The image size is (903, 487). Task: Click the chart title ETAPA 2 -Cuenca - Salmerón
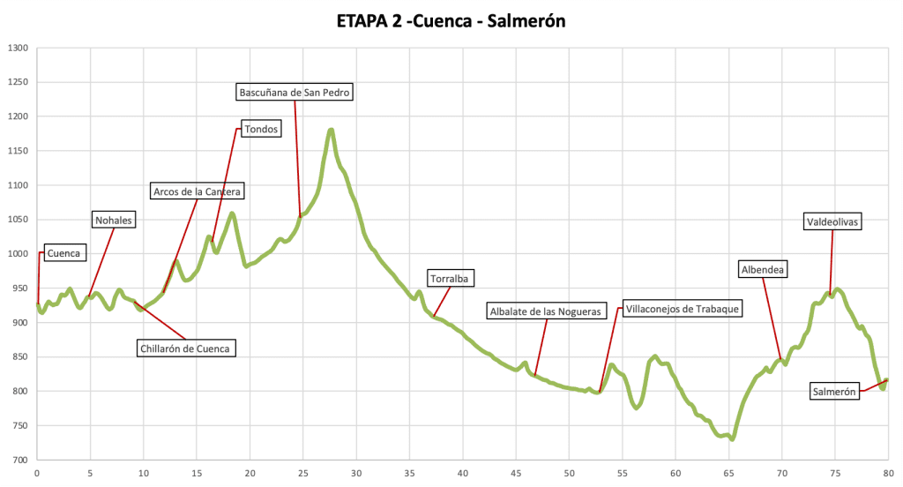451,20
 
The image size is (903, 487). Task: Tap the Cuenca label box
63,253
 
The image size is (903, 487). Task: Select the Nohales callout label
114,220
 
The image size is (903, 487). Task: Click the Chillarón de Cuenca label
184,348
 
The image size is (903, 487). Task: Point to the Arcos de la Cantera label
197,191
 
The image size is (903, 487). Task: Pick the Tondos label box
261,129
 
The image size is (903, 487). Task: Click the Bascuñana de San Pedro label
295,91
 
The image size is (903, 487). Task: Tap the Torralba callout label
451,279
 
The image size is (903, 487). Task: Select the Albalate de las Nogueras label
546,311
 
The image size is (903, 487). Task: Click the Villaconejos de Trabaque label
683,309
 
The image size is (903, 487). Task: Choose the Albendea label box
763,269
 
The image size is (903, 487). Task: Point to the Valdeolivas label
832,222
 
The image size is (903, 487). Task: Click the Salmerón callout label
834,392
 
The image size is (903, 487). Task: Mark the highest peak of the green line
332,131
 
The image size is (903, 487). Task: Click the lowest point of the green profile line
732,438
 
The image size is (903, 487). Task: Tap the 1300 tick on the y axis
18,49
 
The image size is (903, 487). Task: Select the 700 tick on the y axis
19,461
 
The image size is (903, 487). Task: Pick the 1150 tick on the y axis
18,151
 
